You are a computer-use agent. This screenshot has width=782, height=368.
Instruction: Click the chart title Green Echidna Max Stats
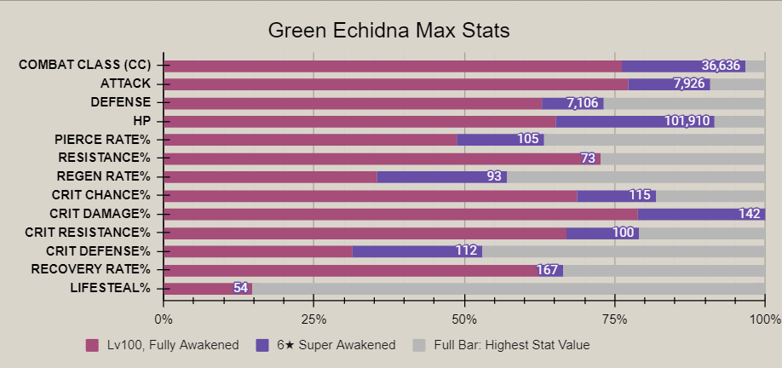(x=388, y=32)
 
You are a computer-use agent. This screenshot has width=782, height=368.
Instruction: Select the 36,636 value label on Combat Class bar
(x=722, y=66)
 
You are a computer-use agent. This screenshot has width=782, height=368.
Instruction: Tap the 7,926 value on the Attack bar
(x=689, y=83)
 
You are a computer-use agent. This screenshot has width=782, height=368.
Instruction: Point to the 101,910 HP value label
(x=687, y=121)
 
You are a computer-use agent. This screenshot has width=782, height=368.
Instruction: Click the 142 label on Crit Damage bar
(x=750, y=214)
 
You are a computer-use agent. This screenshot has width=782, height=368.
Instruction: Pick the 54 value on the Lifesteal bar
(x=240, y=288)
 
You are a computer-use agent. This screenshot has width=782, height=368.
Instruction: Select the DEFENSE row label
(x=120, y=102)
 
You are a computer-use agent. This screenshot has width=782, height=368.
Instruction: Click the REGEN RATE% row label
(x=105, y=176)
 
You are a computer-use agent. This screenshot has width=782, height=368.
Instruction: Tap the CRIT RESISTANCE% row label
(x=88, y=232)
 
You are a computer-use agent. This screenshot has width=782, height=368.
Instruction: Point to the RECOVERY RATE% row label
(x=90, y=269)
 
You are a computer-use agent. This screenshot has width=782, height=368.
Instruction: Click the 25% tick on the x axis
(x=313, y=319)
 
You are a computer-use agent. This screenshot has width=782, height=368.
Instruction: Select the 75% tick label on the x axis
(x=615, y=319)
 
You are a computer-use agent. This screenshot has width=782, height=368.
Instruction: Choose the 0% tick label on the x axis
(x=163, y=319)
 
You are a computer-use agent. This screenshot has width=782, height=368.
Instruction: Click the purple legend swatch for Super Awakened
(x=262, y=345)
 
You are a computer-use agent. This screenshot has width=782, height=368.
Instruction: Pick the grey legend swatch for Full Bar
(x=418, y=345)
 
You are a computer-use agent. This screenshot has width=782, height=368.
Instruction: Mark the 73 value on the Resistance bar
(x=588, y=158)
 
